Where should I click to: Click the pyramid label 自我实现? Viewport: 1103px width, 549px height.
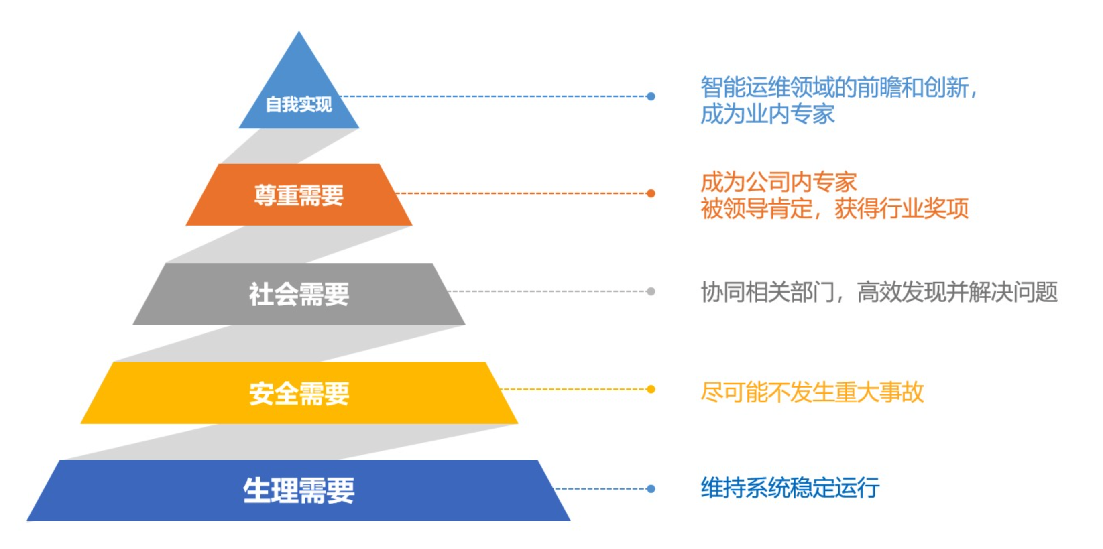(299, 104)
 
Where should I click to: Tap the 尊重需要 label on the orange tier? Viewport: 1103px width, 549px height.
(299, 195)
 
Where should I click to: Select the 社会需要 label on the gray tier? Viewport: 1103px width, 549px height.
(299, 294)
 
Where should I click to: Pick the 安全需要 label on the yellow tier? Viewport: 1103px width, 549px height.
(299, 393)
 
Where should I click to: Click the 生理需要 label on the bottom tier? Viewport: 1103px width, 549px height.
(299, 490)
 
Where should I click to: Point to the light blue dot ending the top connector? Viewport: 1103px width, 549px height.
(651, 96)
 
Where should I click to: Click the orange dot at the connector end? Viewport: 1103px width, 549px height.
(651, 193)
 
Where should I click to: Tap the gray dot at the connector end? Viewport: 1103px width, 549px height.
(651, 292)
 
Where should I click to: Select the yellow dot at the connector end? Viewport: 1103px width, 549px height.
(651, 389)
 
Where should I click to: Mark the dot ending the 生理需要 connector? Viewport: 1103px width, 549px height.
(651, 489)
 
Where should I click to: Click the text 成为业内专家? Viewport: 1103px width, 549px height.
(767, 114)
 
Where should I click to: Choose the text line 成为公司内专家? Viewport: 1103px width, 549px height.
(778, 183)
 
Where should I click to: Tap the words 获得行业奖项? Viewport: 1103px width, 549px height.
(902, 209)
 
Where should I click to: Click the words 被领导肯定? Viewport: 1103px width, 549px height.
(756, 209)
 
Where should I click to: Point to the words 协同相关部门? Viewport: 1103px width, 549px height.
(767, 293)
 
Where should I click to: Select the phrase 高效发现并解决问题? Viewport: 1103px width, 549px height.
(957, 293)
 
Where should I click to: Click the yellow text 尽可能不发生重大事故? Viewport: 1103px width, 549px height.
(812, 392)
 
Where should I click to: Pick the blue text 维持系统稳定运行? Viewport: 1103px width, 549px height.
(790, 488)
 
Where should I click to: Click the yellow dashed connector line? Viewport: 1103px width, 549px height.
(574, 389)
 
